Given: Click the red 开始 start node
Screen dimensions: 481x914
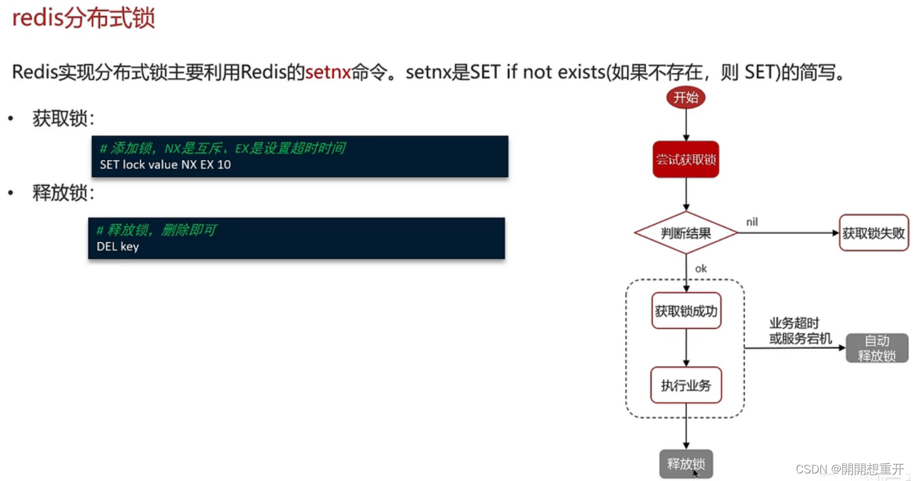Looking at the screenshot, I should (686, 97).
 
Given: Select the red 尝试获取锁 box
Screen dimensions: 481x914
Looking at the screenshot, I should (686, 159).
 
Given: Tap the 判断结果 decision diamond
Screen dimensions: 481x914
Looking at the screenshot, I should (686, 233).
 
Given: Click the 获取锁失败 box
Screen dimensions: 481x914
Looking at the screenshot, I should (874, 233).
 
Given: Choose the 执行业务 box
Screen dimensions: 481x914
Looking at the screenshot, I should (686, 385).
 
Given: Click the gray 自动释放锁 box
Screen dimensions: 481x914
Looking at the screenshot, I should (877, 348).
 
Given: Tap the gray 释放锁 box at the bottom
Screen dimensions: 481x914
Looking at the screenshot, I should (686, 464).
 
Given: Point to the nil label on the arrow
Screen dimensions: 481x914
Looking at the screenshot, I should (752, 222).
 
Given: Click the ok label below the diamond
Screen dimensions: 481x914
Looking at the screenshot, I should (701, 269).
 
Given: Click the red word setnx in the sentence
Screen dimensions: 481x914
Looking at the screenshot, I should (328, 73).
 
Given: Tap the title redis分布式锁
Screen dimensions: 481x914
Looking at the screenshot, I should (83, 18).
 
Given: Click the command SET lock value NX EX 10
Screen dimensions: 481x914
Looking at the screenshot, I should (166, 165).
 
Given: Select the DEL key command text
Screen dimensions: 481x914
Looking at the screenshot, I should (118, 247).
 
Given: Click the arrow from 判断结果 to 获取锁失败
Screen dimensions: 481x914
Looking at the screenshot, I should (787, 233).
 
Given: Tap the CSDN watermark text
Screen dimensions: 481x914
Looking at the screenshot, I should (849, 469).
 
